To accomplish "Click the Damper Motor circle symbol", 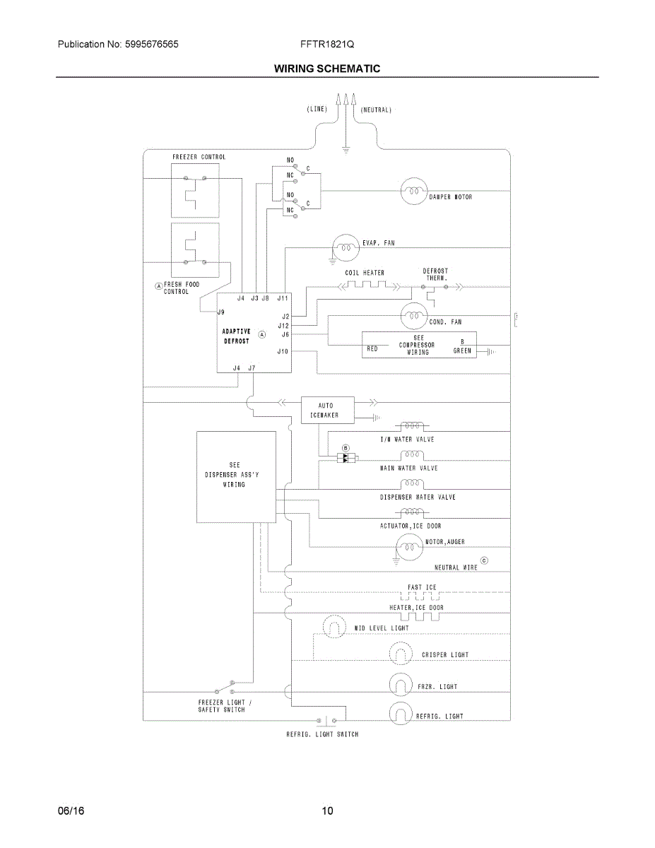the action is tap(414, 191).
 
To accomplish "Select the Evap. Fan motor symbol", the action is tap(346, 247).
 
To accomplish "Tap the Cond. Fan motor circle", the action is tap(414, 316).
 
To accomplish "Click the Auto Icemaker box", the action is tap(328, 410).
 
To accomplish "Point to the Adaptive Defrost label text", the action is tap(236, 336).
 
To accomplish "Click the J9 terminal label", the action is tap(220, 312).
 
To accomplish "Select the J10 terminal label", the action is tap(283, 352).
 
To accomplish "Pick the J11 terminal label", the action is tap(283, 298).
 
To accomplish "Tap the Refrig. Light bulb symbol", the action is tap(401, 713).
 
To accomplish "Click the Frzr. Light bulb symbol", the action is tap(401, 685).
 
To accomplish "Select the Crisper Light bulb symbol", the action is tap(401, 653).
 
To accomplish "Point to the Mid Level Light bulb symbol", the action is tap(334, 627).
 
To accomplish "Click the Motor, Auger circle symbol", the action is tap(409, 547).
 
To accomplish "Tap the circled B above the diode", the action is tap(346, 449).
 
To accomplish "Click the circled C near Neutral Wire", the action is tap(484, 561).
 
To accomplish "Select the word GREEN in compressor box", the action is tap(462, 351).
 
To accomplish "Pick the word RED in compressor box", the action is tap(372, 349).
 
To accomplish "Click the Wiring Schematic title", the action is tap(327, 69).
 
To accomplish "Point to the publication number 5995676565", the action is tap(151, 44).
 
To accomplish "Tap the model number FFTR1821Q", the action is tap(327, 44).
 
